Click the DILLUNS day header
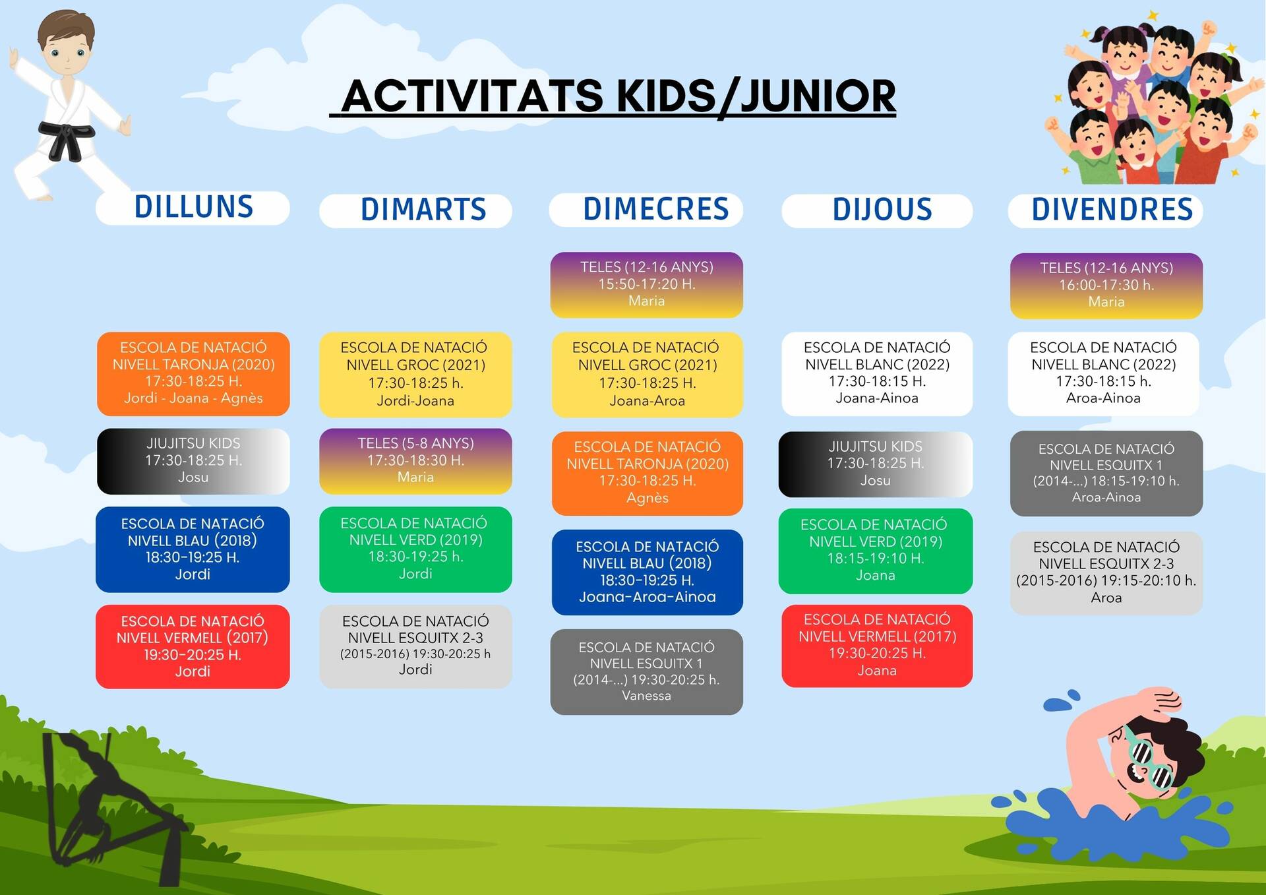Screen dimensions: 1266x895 (x=193, y=208)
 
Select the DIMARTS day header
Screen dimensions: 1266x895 (x=416, y=210)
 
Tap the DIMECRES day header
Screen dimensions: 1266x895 (x=647, y=210)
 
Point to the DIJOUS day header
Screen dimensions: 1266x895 (x=877, y=210)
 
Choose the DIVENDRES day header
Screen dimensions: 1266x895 (x=1106, y=210)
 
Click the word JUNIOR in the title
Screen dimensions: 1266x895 (x=818, y=96)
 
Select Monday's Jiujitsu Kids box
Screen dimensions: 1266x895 (x=193, y=461)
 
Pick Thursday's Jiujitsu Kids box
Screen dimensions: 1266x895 (x=876, y=464)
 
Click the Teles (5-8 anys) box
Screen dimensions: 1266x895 (x=416, y=461)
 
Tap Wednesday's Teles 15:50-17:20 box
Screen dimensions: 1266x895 (x=647, y=285)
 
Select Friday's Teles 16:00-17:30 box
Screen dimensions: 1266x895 (x=1106, y=286)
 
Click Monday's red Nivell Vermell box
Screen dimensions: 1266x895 (x=193, y=647)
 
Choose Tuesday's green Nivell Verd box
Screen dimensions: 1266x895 (x=416, y=549)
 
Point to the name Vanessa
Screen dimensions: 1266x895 (x=646, y=696)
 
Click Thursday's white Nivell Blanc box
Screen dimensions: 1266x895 (x=877, y=374)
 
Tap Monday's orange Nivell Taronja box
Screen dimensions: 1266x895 (x=193, y=374)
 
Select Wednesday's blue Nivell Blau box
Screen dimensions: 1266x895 (x=648, y=572)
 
